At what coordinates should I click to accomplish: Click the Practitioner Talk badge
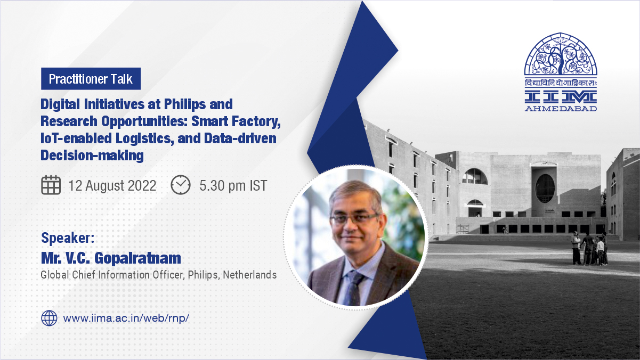pos(91,79)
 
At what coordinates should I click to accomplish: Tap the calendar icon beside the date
pos(51,185)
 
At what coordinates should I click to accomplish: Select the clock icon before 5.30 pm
pos(181,185)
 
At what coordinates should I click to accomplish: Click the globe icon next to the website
pos(49,318)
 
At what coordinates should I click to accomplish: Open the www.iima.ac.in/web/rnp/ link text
pos(126,318)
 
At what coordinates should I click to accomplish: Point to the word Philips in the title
pos(184,104)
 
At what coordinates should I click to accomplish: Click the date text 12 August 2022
pos(112,185)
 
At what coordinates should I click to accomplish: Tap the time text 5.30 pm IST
pos(233,185)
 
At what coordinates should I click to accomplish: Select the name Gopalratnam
pos(137,258)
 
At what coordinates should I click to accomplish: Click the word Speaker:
pos(68,238)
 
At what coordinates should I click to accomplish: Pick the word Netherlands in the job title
pos(250,275)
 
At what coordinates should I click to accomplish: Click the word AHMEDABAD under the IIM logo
pos(561,109)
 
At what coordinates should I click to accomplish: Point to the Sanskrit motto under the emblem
pos(561,83)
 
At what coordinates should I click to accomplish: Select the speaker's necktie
pos(354,288)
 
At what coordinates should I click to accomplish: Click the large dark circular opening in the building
pos(545,189)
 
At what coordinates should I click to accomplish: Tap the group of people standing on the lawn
pos(589,248)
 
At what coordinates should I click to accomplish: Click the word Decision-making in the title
pos(92,156)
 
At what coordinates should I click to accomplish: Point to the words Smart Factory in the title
pos(236,121)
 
